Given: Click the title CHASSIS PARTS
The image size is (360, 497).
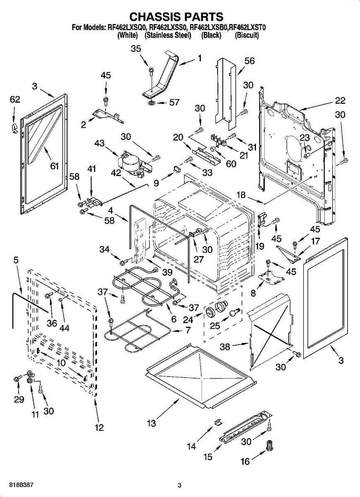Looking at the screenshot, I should [x=176, y=17].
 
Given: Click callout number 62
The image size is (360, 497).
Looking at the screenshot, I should [x=14, y=100].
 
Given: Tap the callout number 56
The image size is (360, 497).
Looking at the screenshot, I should [x=249, y=61].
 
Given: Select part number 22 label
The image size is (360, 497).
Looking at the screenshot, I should [x=340, y=101].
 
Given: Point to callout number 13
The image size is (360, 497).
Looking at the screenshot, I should [x=151, y=423].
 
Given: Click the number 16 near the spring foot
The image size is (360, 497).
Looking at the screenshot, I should [x=245, y=461].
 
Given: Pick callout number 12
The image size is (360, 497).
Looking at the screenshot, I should [x=99, y=428].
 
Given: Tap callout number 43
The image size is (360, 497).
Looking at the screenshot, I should [x=99, y=143].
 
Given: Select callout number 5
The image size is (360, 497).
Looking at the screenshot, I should [x=16, y=260].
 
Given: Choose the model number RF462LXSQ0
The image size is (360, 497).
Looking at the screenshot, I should [x=126, y=28].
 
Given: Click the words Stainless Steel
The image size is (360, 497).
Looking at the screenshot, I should [x=168, y=36].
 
